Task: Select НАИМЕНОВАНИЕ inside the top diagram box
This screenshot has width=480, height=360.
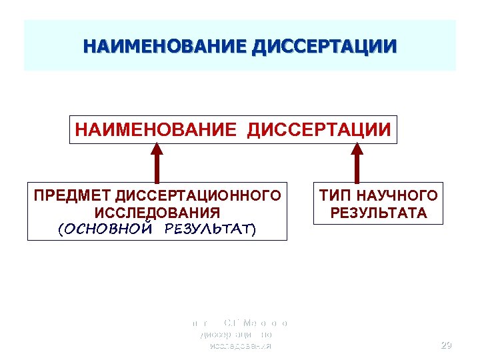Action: pos(155,129)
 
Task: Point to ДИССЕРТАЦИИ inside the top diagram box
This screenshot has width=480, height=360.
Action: pos(319,129)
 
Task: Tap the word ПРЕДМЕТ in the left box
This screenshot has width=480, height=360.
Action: pos(73,196)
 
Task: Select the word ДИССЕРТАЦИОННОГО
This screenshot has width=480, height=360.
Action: pos(197,196)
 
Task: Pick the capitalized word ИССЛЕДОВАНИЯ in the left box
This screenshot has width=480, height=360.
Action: pos(157,213)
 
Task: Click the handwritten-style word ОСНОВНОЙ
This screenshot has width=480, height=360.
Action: pos(108,229)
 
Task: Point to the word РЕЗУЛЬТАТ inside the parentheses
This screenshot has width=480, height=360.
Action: pos(206,229)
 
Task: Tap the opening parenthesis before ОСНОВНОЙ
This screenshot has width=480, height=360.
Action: pos(61,229)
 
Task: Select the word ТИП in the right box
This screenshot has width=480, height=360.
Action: pos(335,196)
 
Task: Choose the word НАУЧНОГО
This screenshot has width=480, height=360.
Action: pos(397,196)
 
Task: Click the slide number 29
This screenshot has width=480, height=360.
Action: pos(447,345)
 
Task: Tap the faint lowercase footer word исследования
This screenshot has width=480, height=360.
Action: pos(240,347)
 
